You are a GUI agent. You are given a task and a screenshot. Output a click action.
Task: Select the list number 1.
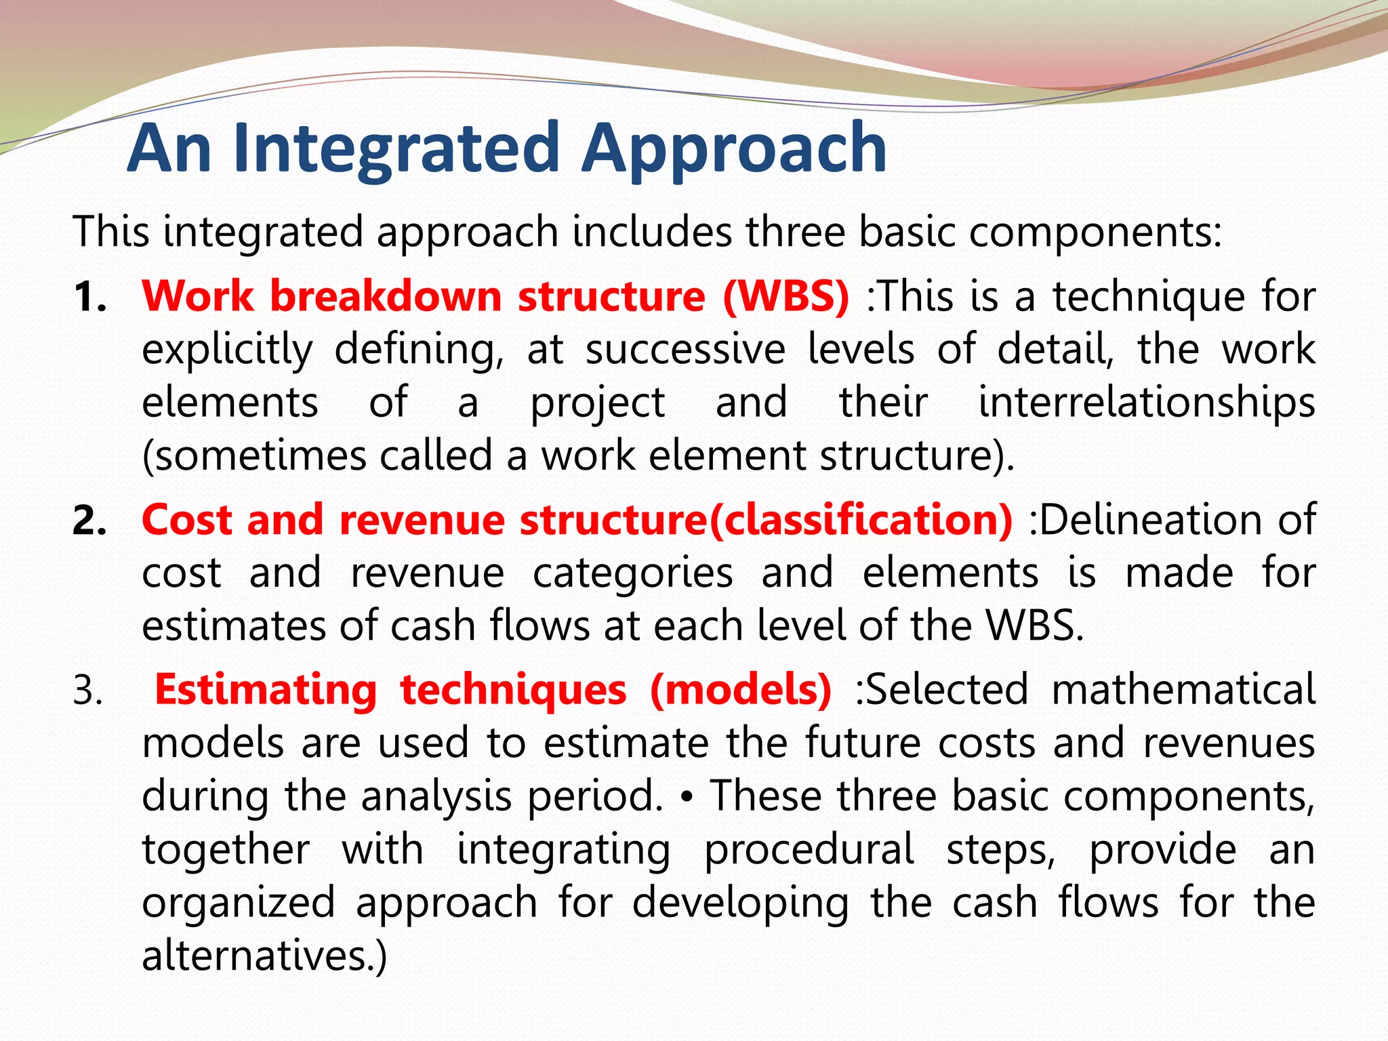(x=89, y=298)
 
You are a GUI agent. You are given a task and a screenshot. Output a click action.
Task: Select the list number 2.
(x=89, y=521)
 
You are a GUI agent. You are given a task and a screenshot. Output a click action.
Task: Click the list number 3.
(x=88, y=692)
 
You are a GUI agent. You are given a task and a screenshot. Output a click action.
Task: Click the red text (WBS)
(x=785, y=296)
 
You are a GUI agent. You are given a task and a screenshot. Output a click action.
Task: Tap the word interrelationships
(x=1146, y=402)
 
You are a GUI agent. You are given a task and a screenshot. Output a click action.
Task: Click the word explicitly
(x=227, y=350)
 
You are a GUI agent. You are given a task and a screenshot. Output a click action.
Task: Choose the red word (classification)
(x=860, y=520)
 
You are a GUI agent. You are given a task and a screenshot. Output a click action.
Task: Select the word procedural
(x=809, y=849)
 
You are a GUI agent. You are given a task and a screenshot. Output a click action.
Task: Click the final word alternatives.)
(x=264, y=955)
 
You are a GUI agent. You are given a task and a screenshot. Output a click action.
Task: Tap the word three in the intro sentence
(x=796, y=232)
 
